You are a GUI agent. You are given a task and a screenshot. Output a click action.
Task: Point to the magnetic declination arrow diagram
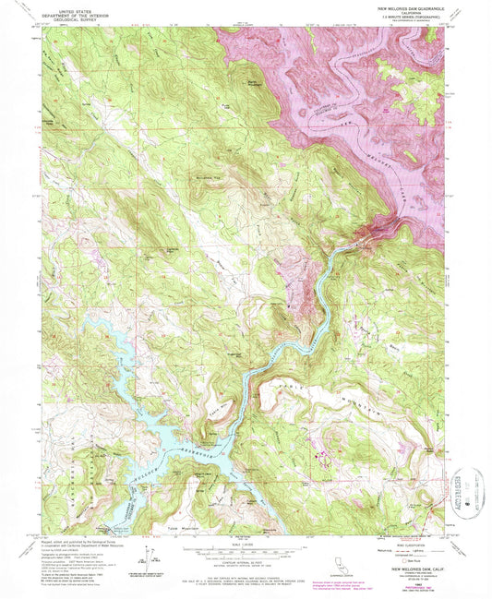(x=148, y=557)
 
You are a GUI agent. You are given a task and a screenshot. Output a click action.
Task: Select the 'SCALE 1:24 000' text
(x=247, y=540)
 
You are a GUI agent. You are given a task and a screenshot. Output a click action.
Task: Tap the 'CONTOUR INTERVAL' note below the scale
(x=247, y=562)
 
